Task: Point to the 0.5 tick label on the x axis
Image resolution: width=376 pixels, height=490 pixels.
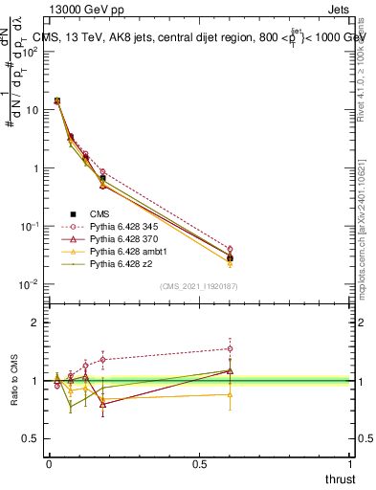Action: [199, 462]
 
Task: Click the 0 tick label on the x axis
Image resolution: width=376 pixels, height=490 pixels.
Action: [49, 462]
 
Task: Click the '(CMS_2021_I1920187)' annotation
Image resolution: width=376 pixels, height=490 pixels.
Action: [199, 286]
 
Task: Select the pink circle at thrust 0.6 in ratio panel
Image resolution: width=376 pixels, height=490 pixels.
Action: [230, 348]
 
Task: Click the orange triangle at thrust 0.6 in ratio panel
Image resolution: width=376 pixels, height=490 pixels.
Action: [230, 394]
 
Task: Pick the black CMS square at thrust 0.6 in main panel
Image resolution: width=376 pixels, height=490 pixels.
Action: [230, 258]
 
